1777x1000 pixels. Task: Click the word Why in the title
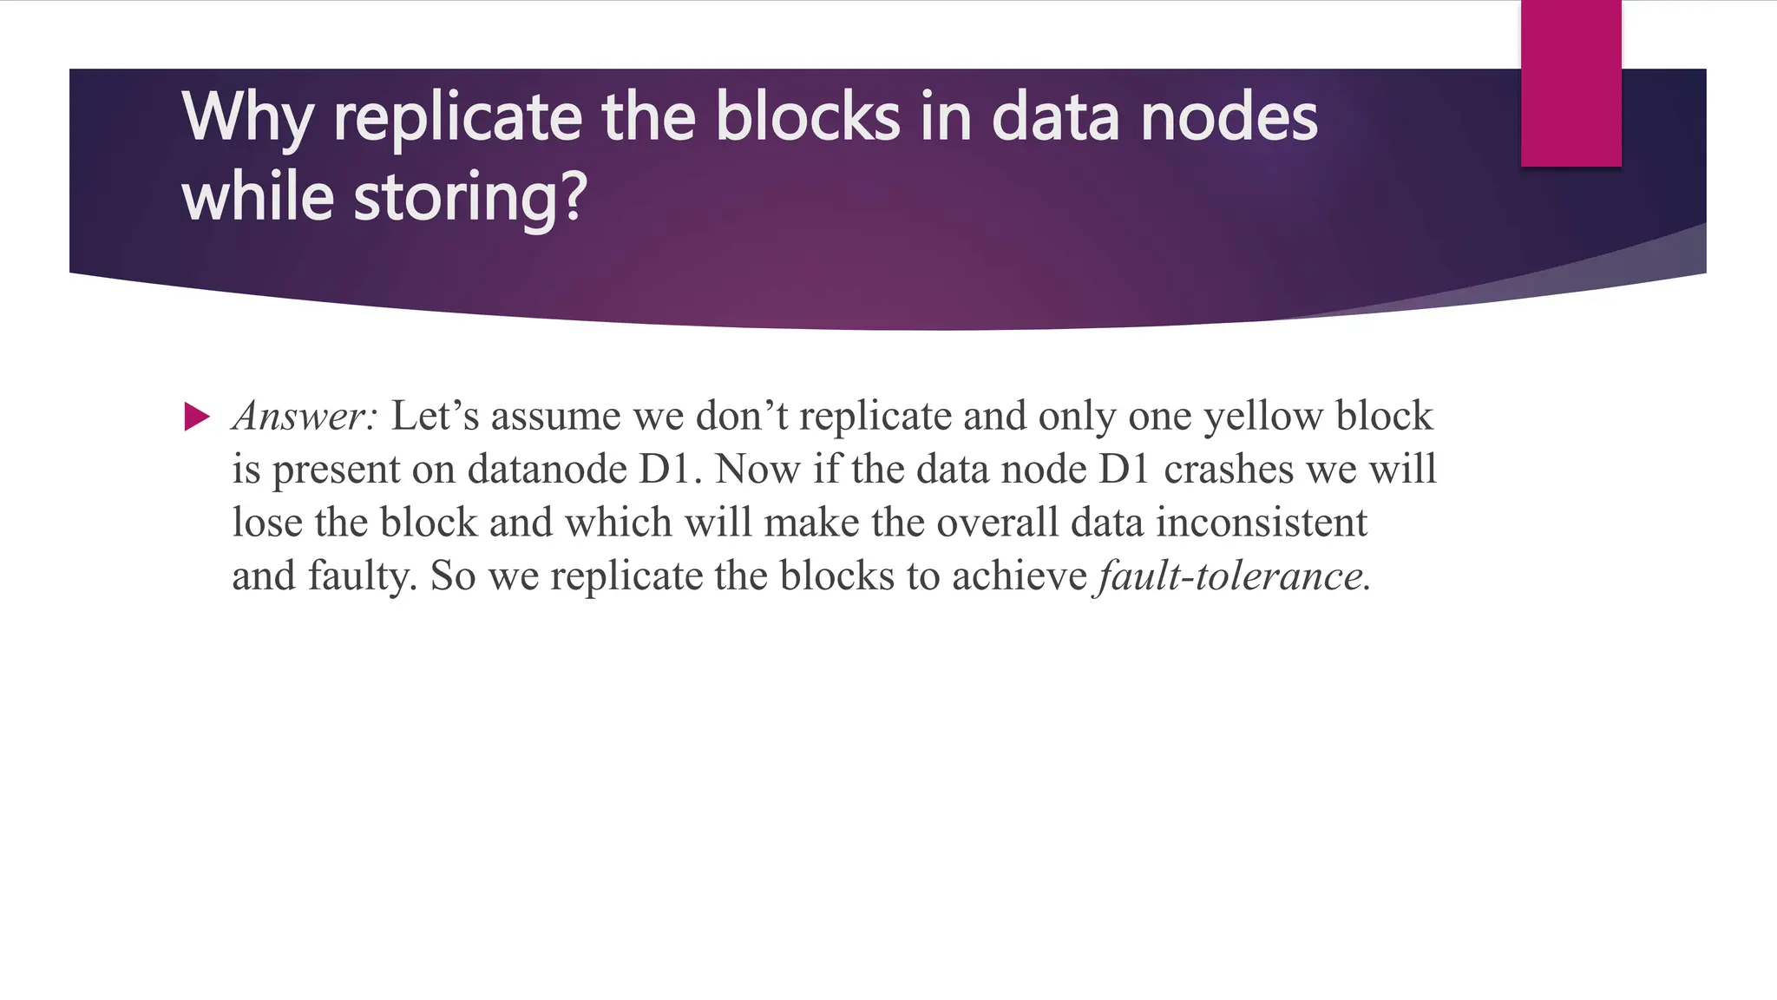[247, 117]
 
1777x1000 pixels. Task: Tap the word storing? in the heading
[470, 198]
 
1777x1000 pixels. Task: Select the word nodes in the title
[1229, 117]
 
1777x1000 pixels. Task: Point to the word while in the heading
[258, 196]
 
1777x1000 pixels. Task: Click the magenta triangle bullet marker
[197, 417]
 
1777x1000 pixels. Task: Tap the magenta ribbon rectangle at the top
[1570, 83]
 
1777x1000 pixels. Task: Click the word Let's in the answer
[435, 416]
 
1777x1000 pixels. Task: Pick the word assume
[555, 416]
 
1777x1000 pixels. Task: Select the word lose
[266, 523]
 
